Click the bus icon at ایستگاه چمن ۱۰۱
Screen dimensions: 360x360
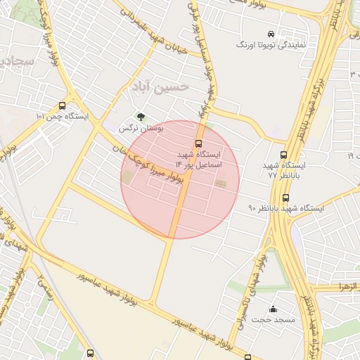pyautogui.click(x=63, y=105)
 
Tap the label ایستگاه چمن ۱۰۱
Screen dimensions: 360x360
pyautogui.click(x=63, y=117)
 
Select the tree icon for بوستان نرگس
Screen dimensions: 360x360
pyautogui.click(x=141, y=117)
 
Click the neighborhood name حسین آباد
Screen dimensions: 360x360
pyautogui.click(x=160, y=87)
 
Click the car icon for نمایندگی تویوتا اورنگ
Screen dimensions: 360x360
pyautogui.click(x=270, y=34)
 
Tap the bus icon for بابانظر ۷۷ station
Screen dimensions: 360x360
pyautogui.click(x=283, y=155)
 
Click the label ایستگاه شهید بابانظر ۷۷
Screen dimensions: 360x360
pyautogui.click(x=280, y=169)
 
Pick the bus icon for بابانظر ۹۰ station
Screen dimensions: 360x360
pyautogui.click(x=285, y=198)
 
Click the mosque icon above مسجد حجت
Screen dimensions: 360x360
pyautogui.click(x=273, y=309)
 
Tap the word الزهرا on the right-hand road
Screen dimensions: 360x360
pyautogui.click(x=348, y=288)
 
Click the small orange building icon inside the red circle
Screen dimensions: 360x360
pyautogui.click(x=221, y=184)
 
